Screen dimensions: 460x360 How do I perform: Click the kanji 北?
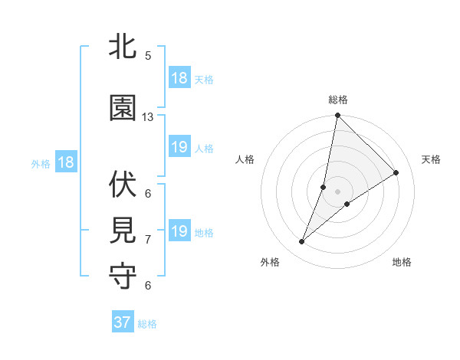123,47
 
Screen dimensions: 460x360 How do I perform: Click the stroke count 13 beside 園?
148,116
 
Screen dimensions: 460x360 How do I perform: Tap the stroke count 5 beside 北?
148,56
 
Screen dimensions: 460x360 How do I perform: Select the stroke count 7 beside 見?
148,240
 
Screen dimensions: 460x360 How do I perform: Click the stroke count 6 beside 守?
148,286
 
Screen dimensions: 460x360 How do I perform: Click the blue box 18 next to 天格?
179,78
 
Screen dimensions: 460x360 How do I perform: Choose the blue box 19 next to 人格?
179,147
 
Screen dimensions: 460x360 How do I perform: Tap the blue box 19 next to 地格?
179,231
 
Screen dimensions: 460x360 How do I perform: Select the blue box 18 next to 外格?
66,162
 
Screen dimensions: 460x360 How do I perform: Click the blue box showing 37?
123,322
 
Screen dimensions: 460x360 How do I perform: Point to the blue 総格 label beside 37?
147,324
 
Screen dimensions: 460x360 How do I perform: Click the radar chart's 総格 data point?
337,116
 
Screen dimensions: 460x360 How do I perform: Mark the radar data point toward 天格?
396,173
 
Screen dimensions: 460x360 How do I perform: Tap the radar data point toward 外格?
302,242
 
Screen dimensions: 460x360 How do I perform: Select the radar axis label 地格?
402,262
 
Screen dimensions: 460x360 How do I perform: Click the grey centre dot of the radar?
337,191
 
